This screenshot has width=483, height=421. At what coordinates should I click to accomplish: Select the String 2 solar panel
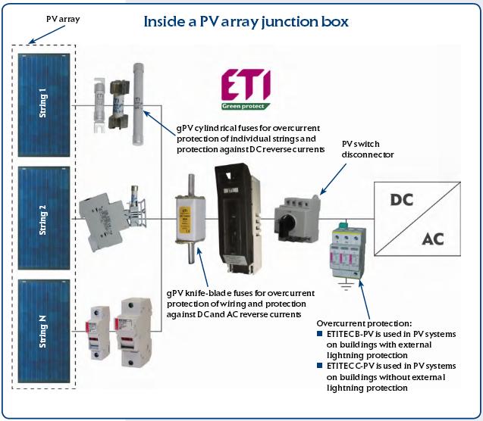42,220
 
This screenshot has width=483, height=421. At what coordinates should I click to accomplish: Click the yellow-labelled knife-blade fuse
189,219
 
